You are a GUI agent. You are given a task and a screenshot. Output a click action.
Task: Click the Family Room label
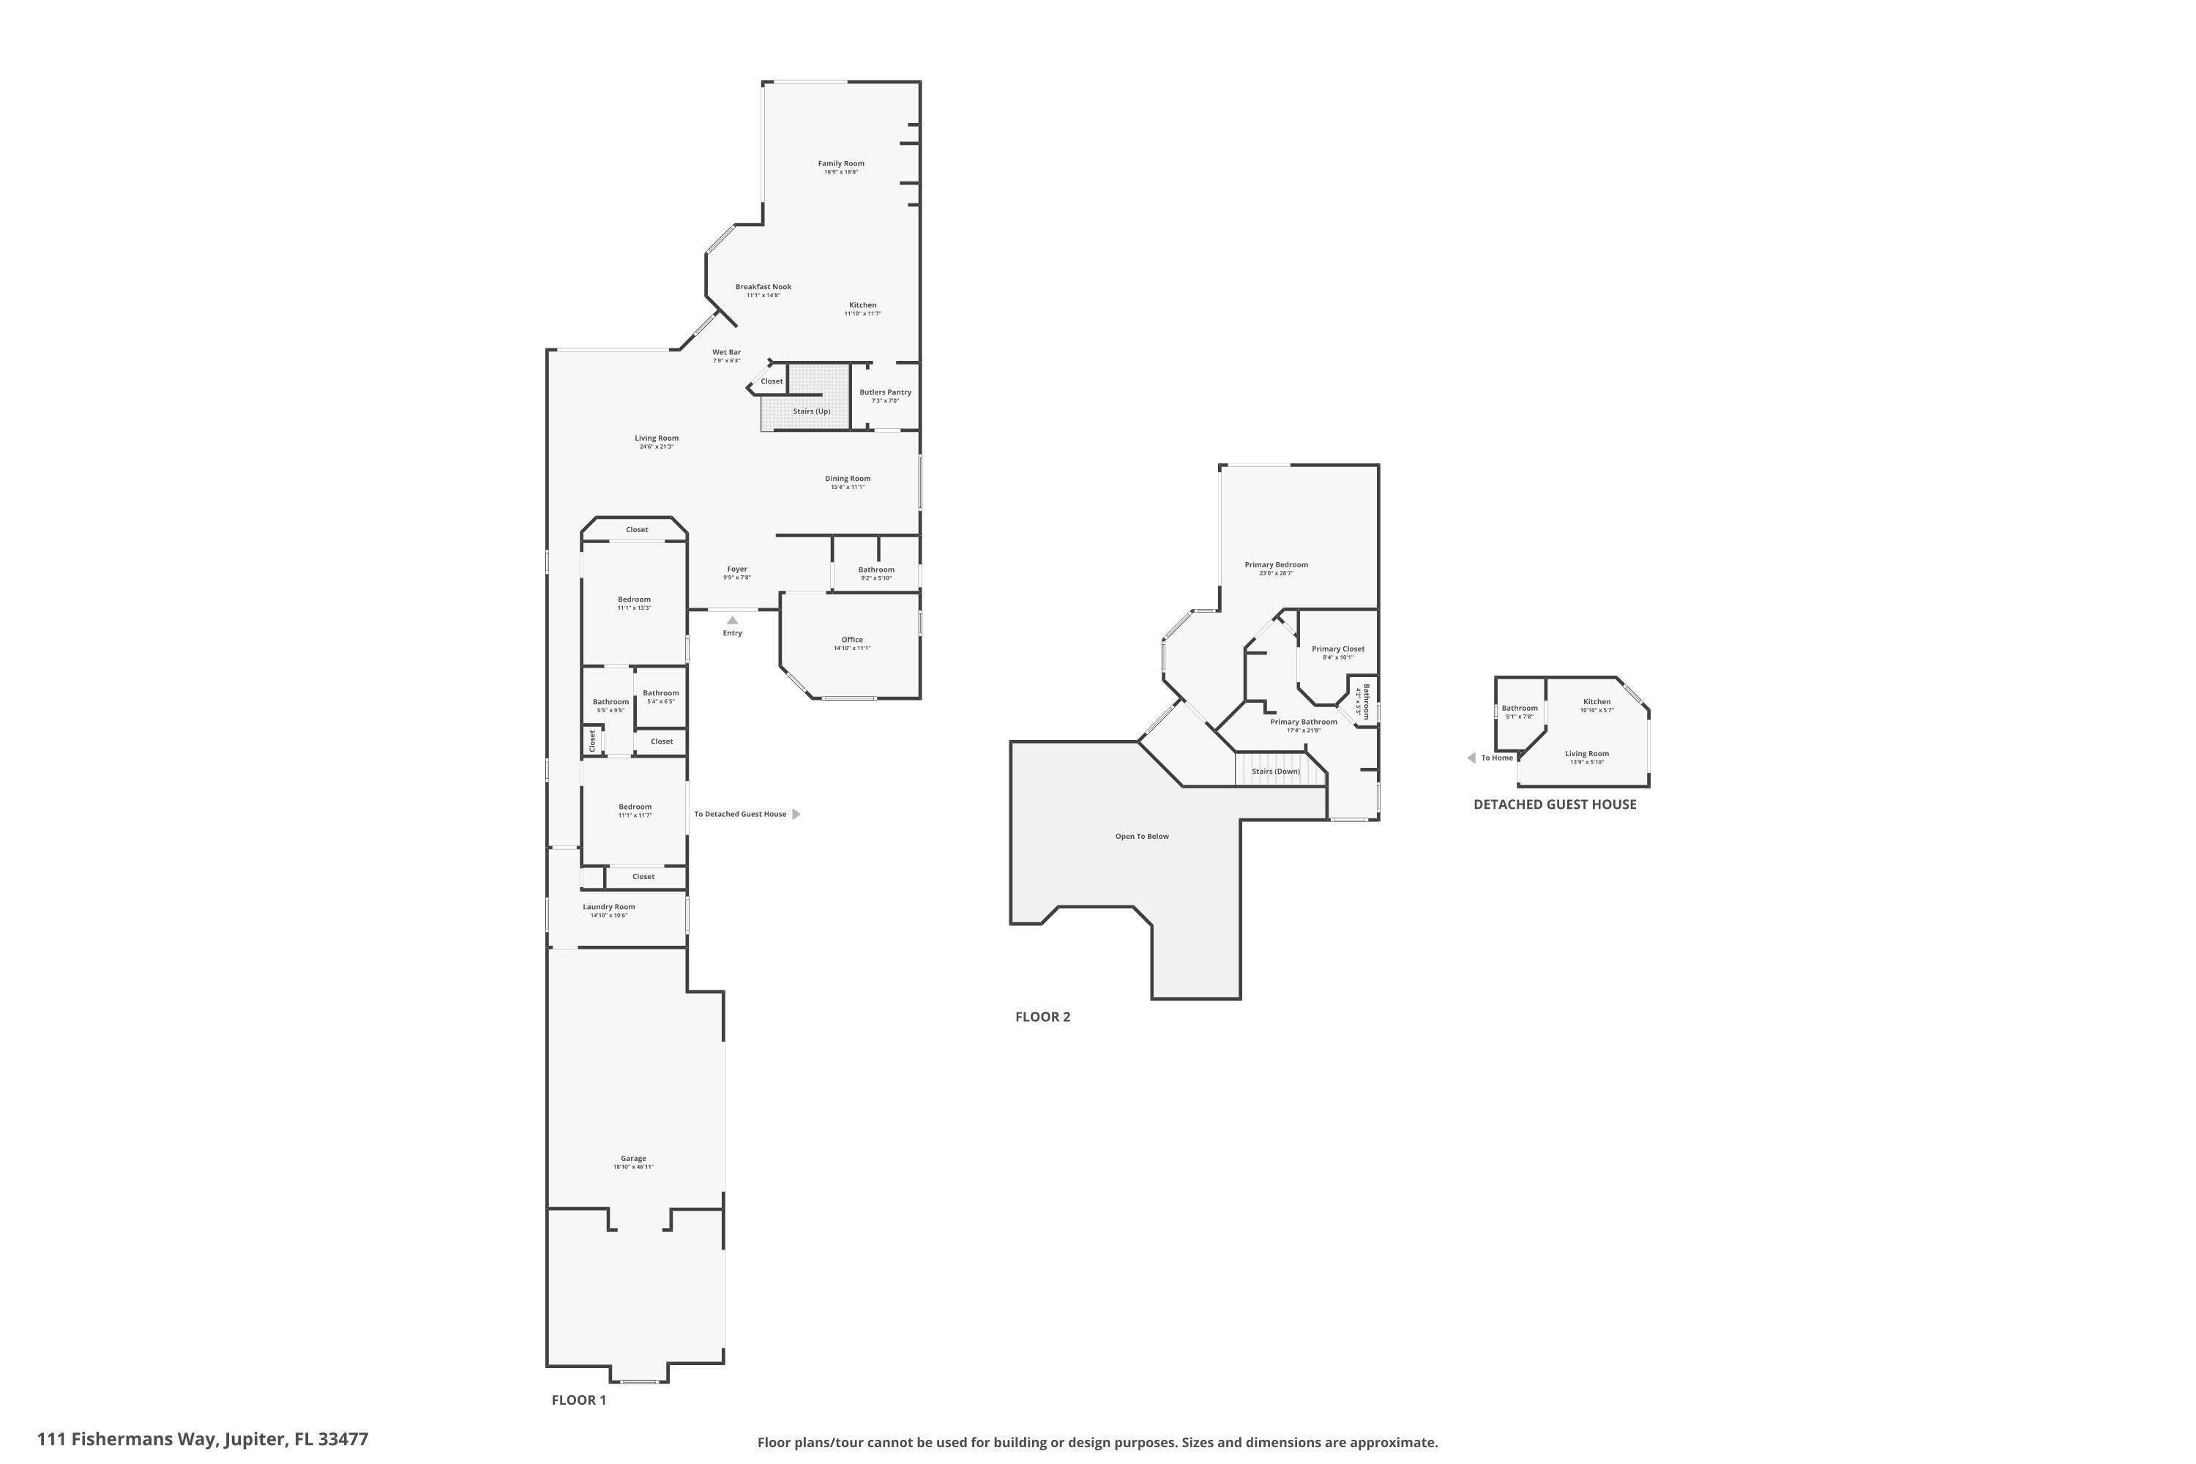840,163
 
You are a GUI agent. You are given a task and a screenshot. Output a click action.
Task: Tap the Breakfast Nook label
763,287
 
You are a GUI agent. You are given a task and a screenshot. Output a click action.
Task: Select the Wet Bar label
726,352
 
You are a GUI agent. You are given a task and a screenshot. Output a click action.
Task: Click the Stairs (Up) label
811,411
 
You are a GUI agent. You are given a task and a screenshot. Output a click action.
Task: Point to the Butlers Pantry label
885,392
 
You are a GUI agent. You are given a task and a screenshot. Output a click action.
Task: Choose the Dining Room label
847,479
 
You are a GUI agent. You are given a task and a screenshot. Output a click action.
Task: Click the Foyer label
736,569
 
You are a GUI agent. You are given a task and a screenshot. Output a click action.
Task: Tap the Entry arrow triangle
732,620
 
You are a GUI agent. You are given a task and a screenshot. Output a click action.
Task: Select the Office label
851,640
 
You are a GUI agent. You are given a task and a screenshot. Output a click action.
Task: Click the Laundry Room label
609,907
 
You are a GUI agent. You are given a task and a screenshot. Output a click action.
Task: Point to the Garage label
633,1159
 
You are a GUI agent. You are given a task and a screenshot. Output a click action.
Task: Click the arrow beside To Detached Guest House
796,814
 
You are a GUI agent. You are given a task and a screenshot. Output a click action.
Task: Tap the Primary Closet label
1337,649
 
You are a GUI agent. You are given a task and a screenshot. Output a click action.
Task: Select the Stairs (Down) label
1275,772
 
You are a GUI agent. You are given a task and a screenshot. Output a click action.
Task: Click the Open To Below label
1142,837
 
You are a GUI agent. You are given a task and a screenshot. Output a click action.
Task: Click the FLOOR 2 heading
1042,1017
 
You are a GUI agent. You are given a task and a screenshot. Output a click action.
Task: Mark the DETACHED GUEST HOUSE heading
1555,804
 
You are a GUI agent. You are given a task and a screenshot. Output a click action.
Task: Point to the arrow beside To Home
1471,758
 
